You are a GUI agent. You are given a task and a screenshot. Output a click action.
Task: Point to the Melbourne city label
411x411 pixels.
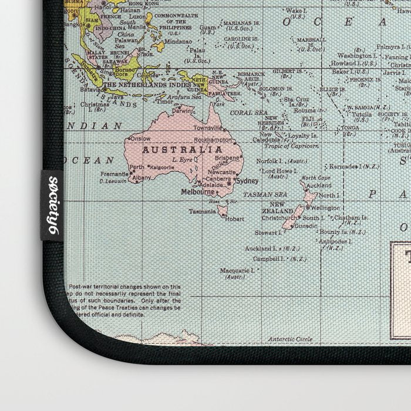(198, 191)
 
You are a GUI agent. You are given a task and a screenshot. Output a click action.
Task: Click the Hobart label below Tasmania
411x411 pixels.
(234, 218)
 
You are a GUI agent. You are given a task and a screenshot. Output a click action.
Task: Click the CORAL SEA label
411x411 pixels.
(248, 112)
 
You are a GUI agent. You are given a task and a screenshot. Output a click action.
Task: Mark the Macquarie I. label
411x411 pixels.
(236, 271)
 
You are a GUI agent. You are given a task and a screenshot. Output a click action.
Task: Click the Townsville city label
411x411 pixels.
(208, 127)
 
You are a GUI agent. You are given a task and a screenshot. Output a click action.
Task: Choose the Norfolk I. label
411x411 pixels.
(271, 160)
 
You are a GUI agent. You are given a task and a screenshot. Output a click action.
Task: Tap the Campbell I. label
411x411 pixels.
(269, 258)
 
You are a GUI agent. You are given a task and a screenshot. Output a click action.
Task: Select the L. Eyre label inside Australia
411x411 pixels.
(183, 159)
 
